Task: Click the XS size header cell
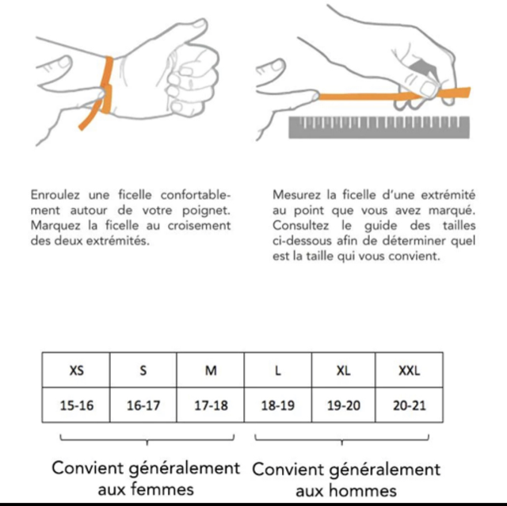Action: (x=76, y=370)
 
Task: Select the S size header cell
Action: (x=143, y=370)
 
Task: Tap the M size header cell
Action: (x=211, y=370)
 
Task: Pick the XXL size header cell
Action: (x=409, y=370)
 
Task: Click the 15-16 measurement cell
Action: (x=76, y=405)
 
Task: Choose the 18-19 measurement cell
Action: (x=278, y=405)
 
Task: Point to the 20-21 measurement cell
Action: (x=409, y=405)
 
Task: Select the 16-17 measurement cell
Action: (x=143, y=405)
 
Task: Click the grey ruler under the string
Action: (x=379, y=127)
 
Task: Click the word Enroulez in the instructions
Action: (x=55, y=195)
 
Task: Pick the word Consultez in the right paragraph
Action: (x=300, y=225)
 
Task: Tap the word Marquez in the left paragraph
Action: (x=55, y=225)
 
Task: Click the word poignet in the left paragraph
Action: (x=206, y=211)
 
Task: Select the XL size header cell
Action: (x=343, y=370)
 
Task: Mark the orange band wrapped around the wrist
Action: (x=106, y=86)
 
